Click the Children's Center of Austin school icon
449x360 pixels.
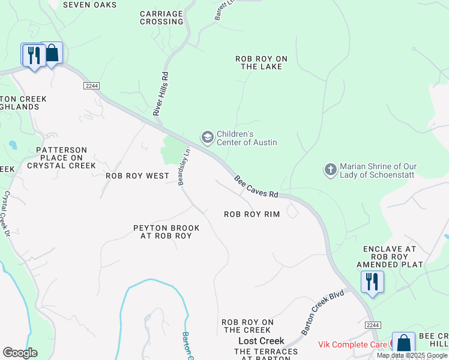207,138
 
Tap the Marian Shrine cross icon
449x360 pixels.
330,170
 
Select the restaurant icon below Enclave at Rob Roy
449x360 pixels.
372,282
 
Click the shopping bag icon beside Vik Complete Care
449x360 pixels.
403,344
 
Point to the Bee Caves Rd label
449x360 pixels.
256,187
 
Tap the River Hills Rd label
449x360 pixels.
160,93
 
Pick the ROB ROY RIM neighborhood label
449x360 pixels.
252,214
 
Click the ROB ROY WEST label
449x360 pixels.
137,176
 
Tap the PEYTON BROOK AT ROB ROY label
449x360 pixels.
162,232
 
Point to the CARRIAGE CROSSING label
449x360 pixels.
161,17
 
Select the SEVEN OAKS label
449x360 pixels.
89,5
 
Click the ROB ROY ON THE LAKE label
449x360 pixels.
261,62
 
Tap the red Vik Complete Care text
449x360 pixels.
353,345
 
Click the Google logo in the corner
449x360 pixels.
20,353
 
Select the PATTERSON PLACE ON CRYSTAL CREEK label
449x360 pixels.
61,158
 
